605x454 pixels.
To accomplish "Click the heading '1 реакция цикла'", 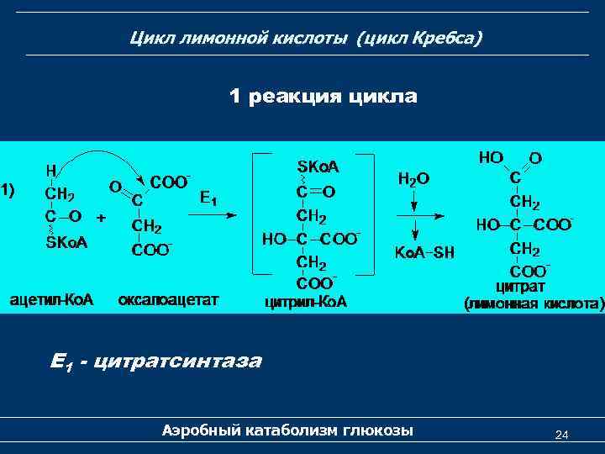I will click(323, 97).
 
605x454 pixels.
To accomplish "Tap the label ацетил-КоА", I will click(51, 299).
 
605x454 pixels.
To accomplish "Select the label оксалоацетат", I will click(168, 299).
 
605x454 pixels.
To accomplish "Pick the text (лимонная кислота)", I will click(534, 303).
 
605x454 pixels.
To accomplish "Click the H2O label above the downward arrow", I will click(413, 178).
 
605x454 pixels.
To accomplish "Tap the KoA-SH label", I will click(424, 252).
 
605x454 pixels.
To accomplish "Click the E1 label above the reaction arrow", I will click(208, 198).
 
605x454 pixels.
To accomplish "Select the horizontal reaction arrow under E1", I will click(211, 216).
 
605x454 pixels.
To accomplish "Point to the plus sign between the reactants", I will click(101, 217).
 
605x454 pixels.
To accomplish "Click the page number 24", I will click(562, 435).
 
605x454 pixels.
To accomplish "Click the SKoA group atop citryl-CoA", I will click(318, 166).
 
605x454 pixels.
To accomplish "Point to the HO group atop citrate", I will click(491, 157).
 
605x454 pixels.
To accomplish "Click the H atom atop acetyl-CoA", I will click(51, 170).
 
